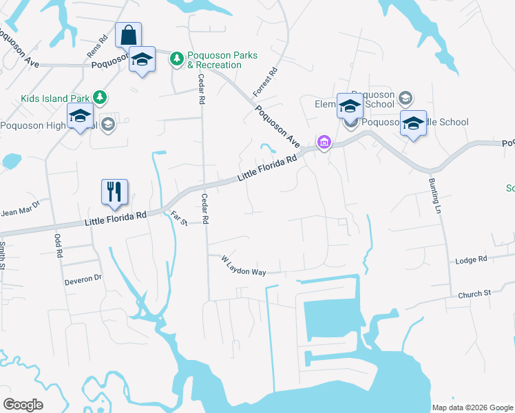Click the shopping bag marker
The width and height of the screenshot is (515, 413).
(128, 35)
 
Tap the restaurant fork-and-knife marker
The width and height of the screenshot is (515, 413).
(114, 192)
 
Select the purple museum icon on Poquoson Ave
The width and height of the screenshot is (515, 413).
(322, 143)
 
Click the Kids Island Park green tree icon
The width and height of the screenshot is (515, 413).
(100, 97)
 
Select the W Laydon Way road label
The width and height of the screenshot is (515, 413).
(244, 266)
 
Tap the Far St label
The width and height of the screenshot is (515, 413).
(178, 219)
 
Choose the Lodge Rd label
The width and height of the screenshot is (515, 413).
(472, 260)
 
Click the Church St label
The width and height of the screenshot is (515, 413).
(474, 294)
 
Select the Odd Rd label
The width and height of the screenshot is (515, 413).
(58, 244)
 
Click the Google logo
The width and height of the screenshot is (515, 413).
(23, 404)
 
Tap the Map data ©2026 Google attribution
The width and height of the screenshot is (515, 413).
(472, 407)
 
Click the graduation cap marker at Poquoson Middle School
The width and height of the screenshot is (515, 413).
(413, 125)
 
